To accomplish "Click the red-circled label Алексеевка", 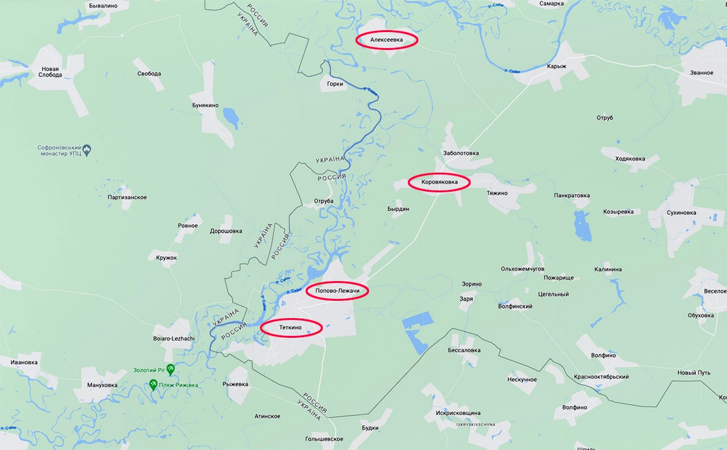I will (x=386, y=41).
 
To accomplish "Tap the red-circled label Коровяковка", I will (x=439, y=182).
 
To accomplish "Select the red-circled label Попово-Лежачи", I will (x=337, y=291).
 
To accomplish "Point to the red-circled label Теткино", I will (x=291, y=327).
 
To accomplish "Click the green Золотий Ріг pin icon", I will (x=170, y=369).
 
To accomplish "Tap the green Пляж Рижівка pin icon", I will (x=153, y=385).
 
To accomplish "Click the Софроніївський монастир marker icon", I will (x=87, y=149).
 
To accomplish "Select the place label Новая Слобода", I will (x=51, y=72).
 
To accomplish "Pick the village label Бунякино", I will (x=205, y=105).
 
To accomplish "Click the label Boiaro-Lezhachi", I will (x=174, y=338).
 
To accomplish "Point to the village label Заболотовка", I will (x=461, y=153).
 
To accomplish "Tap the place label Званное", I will (x=701, y=73).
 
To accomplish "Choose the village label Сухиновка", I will (x=681, y=213).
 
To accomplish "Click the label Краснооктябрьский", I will (x=601, y=377).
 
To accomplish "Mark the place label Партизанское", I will (x=127, y=197).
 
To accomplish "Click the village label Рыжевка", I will (x=235, y=384).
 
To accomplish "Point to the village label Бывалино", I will (x=103, y=6).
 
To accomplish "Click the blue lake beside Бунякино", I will (x=230, y=117).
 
